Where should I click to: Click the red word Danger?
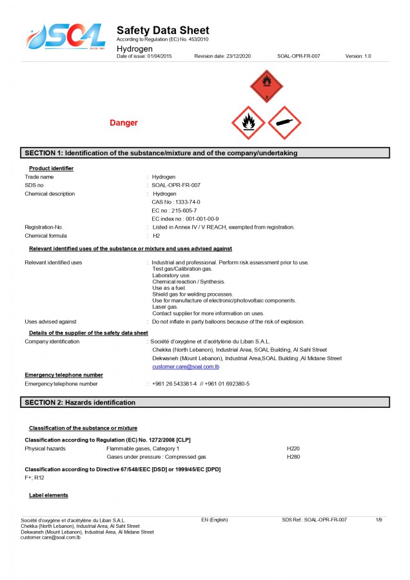124,123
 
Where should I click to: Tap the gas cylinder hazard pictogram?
285,122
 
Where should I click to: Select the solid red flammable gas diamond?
266,87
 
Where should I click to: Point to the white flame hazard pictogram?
248,122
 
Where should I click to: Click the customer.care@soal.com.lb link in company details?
186,367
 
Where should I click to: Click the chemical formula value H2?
156,236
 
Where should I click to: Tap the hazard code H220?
293,448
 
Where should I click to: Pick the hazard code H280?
293,456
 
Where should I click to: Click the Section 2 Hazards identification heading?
80,402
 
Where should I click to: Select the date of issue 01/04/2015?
158,57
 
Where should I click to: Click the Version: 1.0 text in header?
358,57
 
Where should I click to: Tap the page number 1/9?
379,519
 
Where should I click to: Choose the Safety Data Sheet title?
162,31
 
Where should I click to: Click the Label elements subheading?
49,495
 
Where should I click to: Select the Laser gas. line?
165,307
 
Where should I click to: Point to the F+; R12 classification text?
35,478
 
